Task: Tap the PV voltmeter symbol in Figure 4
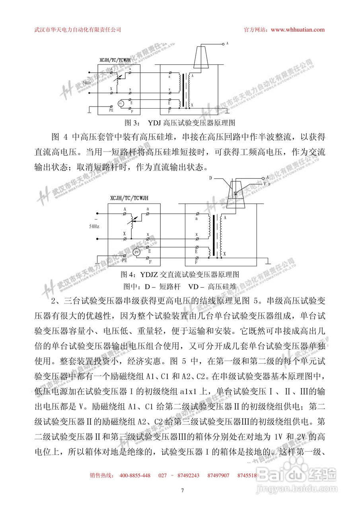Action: [x=136, y=252]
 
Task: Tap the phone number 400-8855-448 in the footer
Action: [x=134, y=475]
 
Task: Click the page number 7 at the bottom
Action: [x=182, y=490]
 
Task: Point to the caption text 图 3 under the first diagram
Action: [x=131, y=122]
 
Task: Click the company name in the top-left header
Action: [x=78, y=29]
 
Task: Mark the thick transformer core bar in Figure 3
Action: [x=184, y=91]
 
